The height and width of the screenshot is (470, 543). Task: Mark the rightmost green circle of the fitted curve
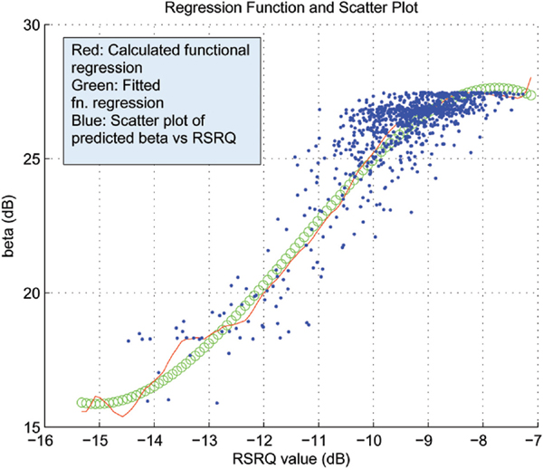(530, 94)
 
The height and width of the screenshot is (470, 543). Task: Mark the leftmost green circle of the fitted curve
(81, 402)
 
